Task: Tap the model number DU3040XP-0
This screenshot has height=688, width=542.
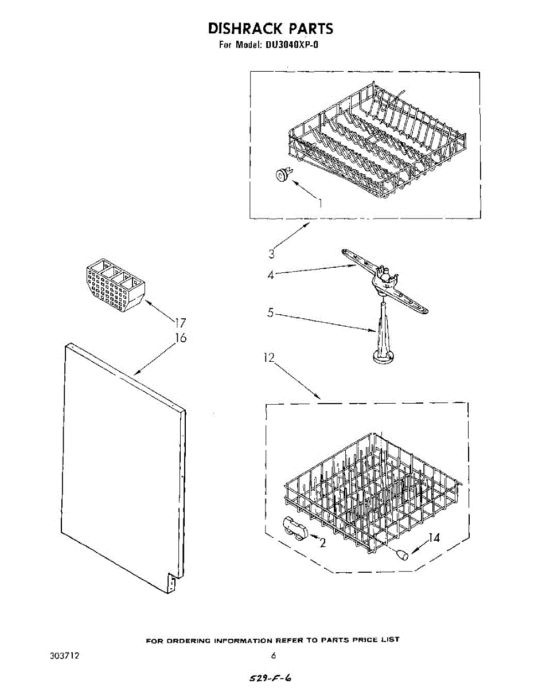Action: [291, 44]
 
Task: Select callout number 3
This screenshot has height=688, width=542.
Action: [272, 253]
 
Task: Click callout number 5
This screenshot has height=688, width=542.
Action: [271, 314]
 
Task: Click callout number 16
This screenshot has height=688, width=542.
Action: [181, 338]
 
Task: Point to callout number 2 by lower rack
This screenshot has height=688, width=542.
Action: [323, 544]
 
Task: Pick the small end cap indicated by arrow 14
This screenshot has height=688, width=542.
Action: [402, 554]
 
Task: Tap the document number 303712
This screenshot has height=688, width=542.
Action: [65, 655]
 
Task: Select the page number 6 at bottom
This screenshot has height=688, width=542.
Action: [274, 655]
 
